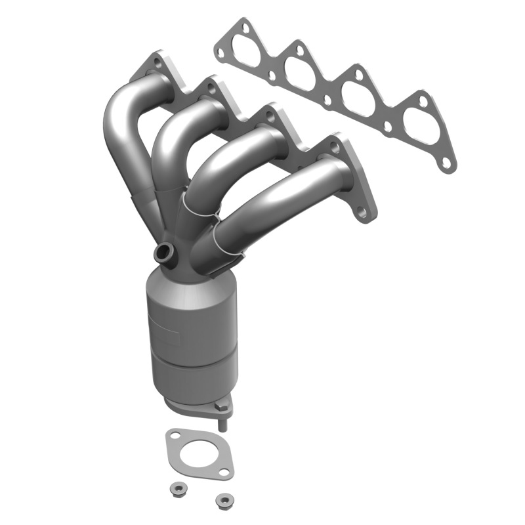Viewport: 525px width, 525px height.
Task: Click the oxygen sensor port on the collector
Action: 164,251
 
